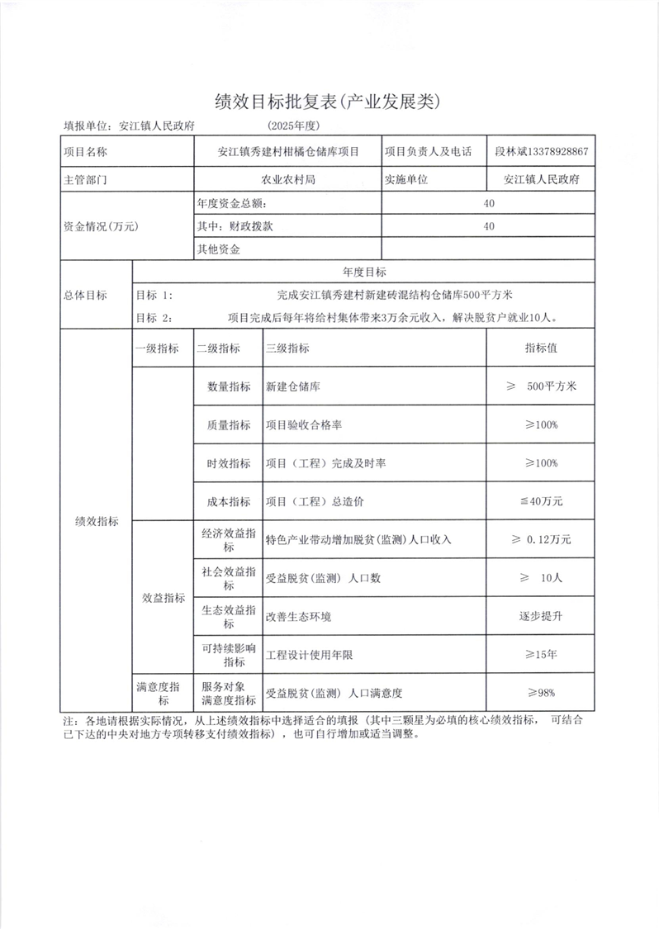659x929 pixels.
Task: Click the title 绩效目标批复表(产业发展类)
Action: coord(329,102)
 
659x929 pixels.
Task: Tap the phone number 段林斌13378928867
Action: coord(541,152)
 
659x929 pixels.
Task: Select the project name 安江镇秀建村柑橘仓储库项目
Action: coord(287,152)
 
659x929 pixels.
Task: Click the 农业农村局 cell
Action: coord(287,178)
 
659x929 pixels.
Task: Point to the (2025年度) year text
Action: coord(293,126)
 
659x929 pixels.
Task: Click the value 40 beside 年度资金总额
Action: coord(490,203)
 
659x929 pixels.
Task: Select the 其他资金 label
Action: coord(218,249)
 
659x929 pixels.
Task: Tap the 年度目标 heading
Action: coord(363,272)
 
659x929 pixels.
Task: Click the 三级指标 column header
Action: coord(287,348)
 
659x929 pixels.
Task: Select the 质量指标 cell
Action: coord(228,425)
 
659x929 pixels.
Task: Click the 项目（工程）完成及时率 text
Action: coord(325,464)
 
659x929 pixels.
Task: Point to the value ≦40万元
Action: coord(541,501)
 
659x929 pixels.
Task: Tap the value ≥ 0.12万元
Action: coord(541,539)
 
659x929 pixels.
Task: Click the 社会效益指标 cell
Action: coord(228,577)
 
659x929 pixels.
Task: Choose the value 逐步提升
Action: coord(541,616)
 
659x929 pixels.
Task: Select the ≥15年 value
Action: coord(541,655)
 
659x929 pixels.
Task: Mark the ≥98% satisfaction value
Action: coord(541,692)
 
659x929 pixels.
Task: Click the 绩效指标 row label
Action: coord(97,521)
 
